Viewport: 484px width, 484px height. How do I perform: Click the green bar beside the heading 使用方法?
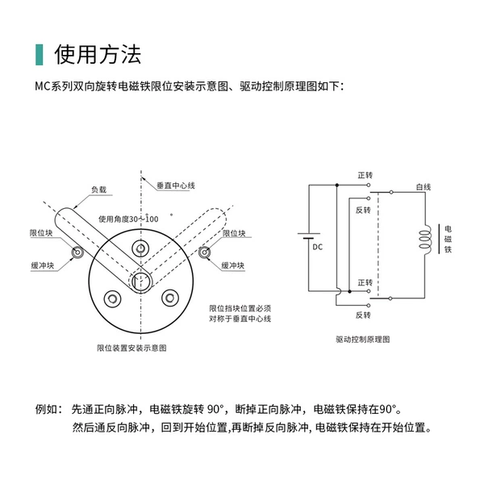[x=40, y=55]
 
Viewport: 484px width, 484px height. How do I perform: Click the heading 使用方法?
[x=98, y=54]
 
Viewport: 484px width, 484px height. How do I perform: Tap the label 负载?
[x=98, y=190]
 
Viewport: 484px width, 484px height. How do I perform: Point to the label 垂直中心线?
[x=176, y=186]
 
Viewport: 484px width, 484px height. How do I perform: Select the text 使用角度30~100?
[x=128, y=219]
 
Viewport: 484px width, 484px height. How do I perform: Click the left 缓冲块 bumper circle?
[x=77, y=252]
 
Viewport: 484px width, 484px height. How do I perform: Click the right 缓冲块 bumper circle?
[x=204, y=252]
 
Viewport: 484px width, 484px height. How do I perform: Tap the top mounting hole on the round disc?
[x=140, y=248]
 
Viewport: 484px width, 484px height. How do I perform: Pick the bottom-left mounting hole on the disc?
[x=112, y=298]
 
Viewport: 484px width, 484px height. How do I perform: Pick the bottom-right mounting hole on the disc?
[x=170, y=298]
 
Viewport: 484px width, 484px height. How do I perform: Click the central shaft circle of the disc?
[x=141, y=282]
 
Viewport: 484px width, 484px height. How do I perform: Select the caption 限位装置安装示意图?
[x=131, y=348]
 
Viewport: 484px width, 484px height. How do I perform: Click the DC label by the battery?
[x=318, y=247]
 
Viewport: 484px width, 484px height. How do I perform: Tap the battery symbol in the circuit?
[x=309, y=236]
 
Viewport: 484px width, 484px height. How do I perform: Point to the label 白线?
[x=423, y=187]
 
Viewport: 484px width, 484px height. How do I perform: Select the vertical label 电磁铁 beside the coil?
[x=448, y=239]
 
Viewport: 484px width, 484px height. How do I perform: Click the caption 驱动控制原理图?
[x=363, y=340]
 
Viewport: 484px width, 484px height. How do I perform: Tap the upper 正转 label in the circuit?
[x=365, y=175]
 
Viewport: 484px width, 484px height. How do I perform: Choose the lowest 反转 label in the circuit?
[x=363, y=315]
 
